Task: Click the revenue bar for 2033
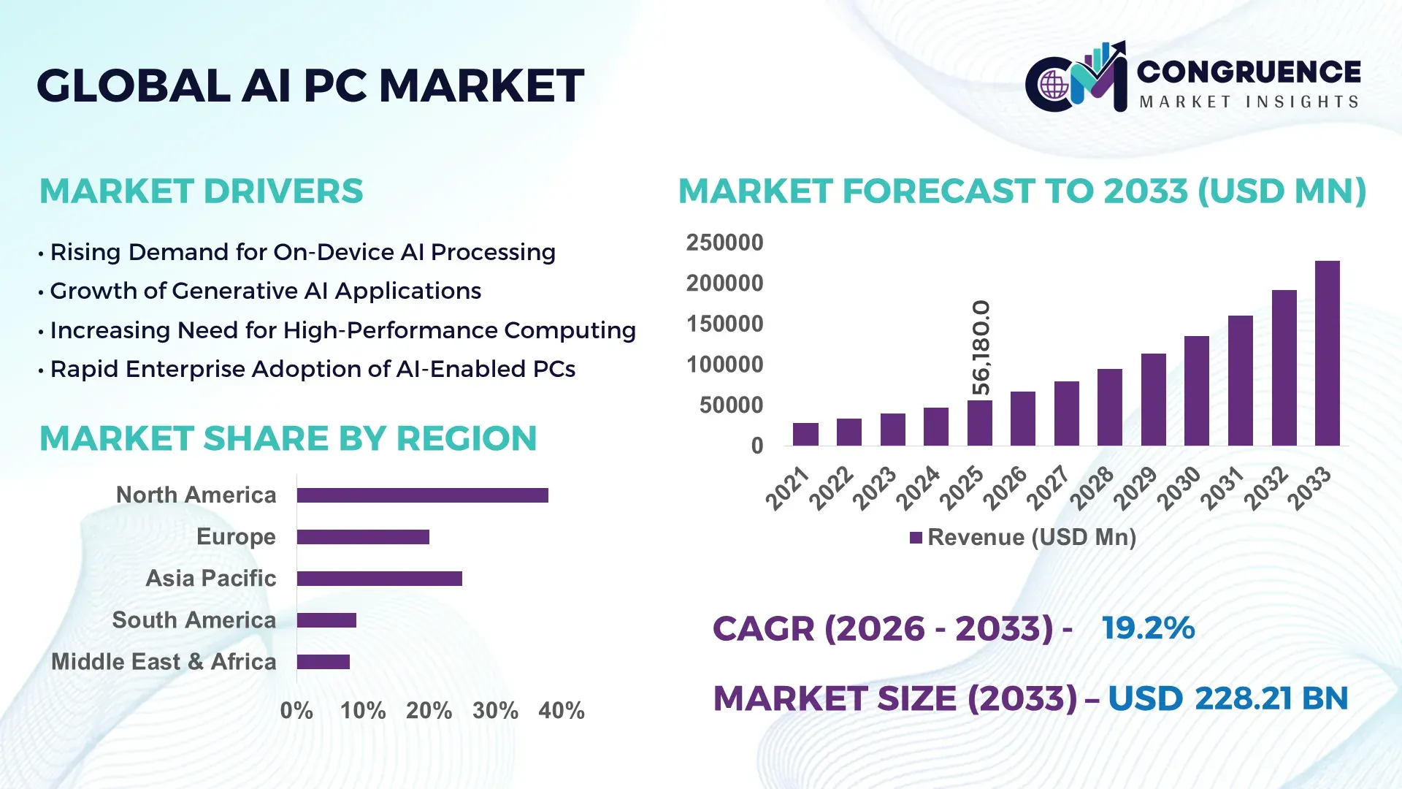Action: tap(1327, 354)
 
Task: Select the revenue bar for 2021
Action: tap(805, 434)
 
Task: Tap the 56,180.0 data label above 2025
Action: tap(981, 348)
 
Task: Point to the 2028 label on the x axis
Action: tap(1092, 487)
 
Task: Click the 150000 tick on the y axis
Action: tap(724, 324)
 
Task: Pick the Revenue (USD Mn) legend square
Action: tap(916, 538)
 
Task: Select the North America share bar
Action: tap(422, 495)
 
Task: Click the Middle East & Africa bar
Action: tap(323, 662)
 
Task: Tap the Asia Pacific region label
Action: tap(211, 578)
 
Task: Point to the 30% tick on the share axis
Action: tap(495, 710)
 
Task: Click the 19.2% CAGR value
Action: tap(1148, 628)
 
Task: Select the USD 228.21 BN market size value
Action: tap(1227, 698)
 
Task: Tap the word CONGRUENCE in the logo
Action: tap(1249, 72)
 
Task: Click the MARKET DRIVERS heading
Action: tap(201, 191)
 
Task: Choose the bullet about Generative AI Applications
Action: tap(265, 291)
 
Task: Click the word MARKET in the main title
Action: tap(481, 85)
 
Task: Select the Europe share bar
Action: tap(363, 537)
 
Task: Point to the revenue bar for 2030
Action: tap(1196, 391)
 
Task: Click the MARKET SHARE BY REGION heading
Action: tap(288, 438)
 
